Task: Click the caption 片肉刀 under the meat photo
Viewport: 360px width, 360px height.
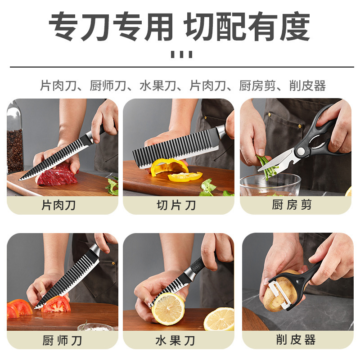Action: click(59, 206)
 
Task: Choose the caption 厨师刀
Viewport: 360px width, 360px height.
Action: click(62, 340)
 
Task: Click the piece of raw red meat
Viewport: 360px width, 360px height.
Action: click(58, 175)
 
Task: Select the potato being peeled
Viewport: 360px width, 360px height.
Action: click(279, 292)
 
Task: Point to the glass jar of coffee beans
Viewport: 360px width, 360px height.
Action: click(15, 144)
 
